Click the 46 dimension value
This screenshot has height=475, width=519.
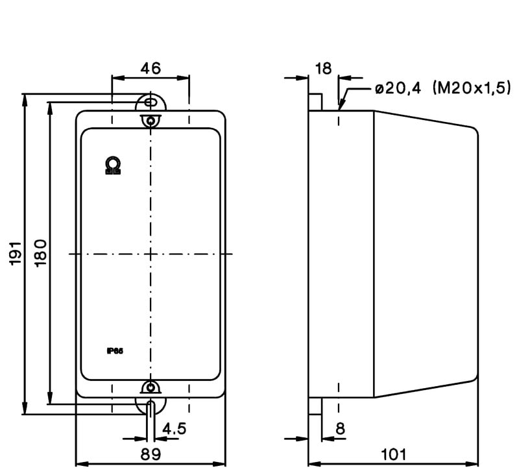(151, 67)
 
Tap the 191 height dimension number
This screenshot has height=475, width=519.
(16, 252)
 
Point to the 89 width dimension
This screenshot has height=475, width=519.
(151, 455)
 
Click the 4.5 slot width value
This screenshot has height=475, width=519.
(175, 429)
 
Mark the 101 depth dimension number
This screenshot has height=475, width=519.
(393, 454)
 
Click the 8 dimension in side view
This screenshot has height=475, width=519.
(340, 428)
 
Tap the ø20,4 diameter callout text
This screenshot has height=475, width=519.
(398, 89)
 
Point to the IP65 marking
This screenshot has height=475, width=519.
(115, 351)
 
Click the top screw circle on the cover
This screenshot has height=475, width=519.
(151, 121)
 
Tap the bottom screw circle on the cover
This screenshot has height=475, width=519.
(151, 388)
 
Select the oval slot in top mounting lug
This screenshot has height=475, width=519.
(151, 102)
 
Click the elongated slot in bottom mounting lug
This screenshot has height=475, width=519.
(151, 409)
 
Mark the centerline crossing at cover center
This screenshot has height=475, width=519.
(151, 254)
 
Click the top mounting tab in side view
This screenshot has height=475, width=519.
(315, 102)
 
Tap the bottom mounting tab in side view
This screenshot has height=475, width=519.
(315, 406)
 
